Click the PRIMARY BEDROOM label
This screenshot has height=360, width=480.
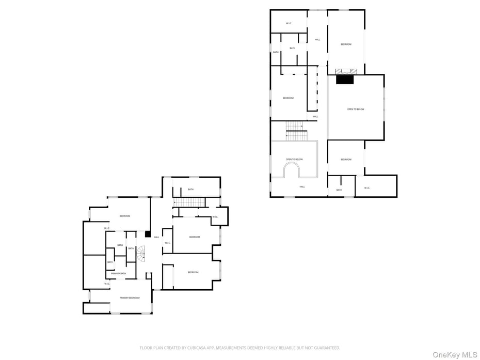coord(130,298)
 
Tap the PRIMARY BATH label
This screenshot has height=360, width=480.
coord(118,273)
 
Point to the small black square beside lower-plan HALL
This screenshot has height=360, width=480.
coord(148,234)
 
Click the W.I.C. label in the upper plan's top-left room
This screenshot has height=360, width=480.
coord(289,23)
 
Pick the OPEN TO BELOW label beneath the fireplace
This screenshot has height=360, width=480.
coord(356,109)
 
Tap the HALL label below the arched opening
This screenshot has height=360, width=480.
coord(302,187)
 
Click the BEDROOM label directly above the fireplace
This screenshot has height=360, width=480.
coord(346,44)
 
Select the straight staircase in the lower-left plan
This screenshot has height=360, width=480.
coord(189,202)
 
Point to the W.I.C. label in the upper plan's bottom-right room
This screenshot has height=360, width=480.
coord(367,188)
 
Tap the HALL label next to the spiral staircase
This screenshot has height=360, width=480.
coord(156,237)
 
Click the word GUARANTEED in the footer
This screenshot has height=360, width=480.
coord(327,348)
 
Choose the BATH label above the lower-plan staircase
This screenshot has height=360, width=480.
coord(190,190)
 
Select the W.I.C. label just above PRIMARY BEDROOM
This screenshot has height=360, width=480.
coord(107,284)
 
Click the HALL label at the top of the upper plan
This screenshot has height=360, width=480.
coord(317,39)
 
